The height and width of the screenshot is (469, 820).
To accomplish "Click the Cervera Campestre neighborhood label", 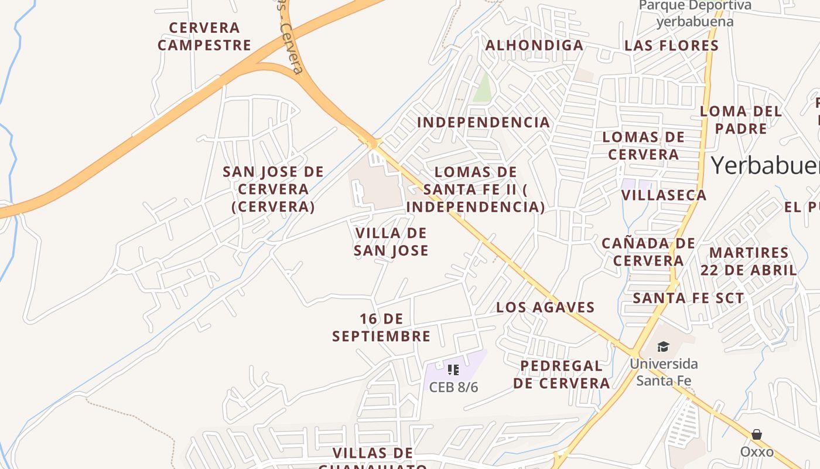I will (204, 36).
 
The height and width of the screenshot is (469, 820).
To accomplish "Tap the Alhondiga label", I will (534, 45).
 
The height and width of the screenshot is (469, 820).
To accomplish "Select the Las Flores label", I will (671, 45).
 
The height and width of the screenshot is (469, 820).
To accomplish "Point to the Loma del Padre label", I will (741, 120).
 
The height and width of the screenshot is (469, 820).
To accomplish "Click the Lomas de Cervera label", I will (643, 146).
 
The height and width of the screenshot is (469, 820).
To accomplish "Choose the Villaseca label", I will (664, 195).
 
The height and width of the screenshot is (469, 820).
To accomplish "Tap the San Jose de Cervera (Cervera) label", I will (273, 189).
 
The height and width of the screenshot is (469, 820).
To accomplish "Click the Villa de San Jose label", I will (391, 242).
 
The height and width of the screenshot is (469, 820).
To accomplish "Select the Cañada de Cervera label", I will (648, 252).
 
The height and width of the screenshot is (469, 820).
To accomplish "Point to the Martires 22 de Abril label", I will (749, 261).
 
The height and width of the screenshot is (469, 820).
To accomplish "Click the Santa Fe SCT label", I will (688, 298).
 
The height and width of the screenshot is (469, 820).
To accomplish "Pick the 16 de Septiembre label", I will (381, 327).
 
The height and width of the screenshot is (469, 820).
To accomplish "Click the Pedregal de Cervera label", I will (562, 375).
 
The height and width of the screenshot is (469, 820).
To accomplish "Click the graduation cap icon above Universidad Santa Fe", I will (663, 347).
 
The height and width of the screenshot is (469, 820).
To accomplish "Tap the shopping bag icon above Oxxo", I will (757, 434).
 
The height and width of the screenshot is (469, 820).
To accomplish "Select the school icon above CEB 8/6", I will (453, 369).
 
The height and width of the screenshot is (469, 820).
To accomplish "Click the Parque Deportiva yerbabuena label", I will (695, 13).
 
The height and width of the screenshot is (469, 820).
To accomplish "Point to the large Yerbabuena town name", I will (765, 165).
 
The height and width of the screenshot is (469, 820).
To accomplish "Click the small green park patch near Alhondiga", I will (483, 88).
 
